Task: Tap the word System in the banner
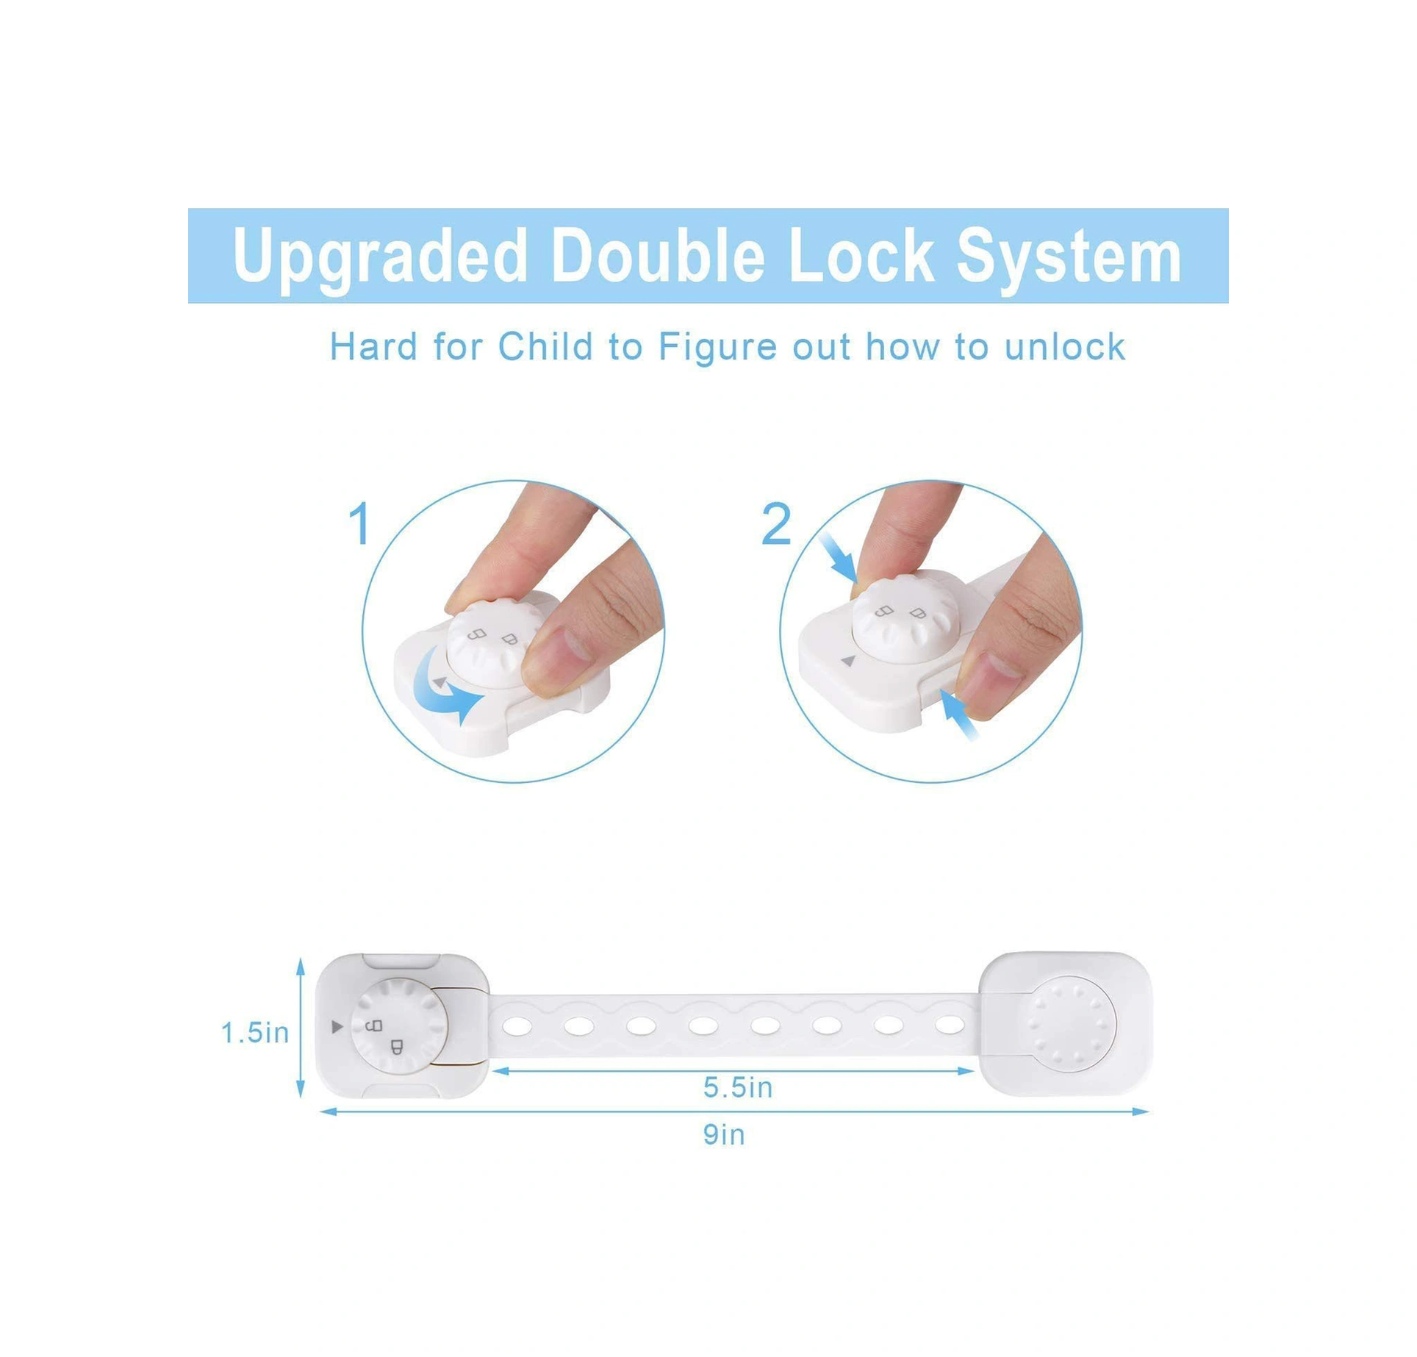pos(1069,256)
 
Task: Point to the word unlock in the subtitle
pos(1065,346)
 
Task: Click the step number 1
pos(359,524)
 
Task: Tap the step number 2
pos(776,524)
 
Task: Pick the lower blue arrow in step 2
pos(960,714)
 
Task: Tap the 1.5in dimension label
pos(255,1033)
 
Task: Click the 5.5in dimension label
pos(738,1087)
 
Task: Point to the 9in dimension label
pos(724,1135)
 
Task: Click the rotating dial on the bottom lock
pos(399,1026)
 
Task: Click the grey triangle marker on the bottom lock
pos(337,1027)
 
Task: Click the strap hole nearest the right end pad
pos(950,1023)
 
